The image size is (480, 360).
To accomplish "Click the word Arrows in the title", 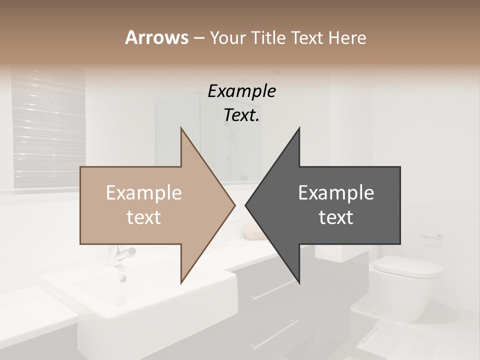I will [156, 37].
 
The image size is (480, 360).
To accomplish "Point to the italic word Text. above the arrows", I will [241, 115].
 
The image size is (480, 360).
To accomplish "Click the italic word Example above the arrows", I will [241, 91].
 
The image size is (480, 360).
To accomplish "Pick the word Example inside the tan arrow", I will [144, 193].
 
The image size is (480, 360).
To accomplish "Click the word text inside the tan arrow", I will [144, 217].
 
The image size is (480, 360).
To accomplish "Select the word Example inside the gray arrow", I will [336, 193].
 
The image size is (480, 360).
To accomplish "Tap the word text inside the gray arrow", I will [336, 217].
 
